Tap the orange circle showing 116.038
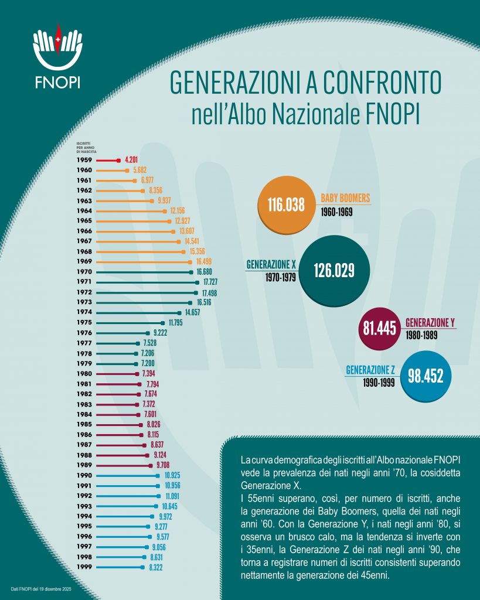287,205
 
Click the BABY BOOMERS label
345,198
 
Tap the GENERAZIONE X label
271,264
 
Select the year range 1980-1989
421,335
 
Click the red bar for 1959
107,159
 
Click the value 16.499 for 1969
202,261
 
